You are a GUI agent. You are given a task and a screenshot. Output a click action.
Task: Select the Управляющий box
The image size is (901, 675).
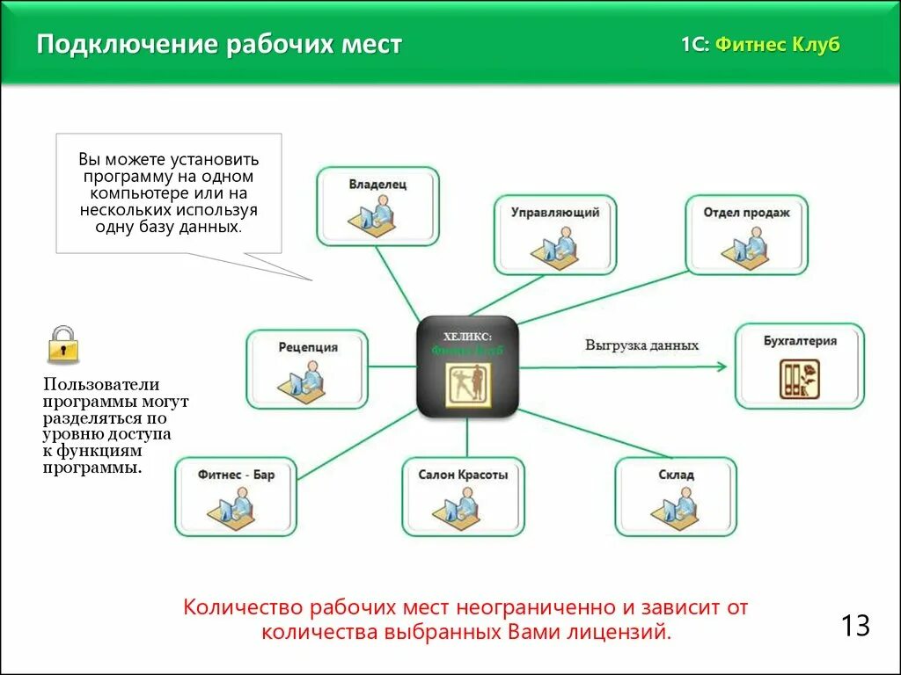click(x=555, y=235)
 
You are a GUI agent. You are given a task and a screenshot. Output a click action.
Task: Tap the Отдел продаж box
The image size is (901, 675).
click(x=746, y=235)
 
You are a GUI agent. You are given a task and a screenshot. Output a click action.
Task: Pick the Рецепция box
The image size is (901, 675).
click(x=307, y=369)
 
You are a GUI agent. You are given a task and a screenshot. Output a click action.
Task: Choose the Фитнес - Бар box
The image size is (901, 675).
click(x=236, y=497)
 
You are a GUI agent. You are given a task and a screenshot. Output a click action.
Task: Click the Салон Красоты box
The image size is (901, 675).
click(x=463, y=497)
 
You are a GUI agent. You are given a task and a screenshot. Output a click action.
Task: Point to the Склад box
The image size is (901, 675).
click(x=676, y=497)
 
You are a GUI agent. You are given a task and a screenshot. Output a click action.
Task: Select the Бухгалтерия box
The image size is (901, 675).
click(x=800, y=366)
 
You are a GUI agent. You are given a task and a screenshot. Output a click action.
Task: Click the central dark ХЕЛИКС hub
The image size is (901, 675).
click(x=466, y=366)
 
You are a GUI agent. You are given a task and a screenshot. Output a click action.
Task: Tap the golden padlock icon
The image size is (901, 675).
click(x=62, y=345)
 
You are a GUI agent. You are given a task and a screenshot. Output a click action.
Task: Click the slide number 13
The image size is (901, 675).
click(x=854, y=626)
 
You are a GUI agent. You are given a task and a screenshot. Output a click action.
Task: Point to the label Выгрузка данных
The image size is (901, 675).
click(x=641, y=345)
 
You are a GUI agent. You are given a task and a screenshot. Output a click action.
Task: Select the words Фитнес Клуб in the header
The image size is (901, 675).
click(x=777, y=45)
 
